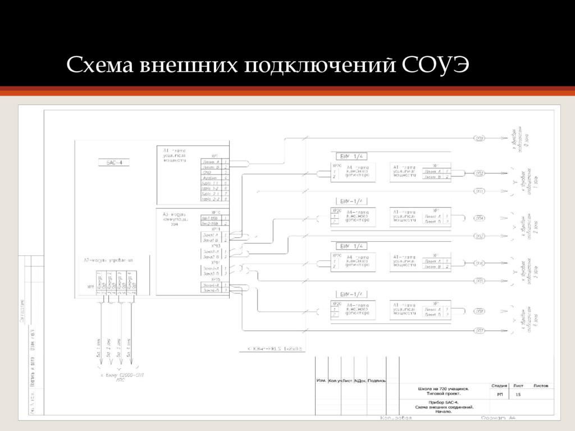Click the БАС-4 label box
point(118,163)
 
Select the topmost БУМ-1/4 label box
point(352,156)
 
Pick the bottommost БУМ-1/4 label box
point(352,294)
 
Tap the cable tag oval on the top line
point(479,138)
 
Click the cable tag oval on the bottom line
point(479,331)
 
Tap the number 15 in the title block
point(518,395)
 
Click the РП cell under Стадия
point(500,395)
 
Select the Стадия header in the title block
point(500,386)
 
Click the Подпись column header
point(377,380)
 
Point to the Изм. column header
point(321,380)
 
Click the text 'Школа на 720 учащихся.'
point(444,388)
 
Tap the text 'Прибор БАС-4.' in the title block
point(444,402)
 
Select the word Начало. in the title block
point(444,412)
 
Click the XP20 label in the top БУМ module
point(336,166)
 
